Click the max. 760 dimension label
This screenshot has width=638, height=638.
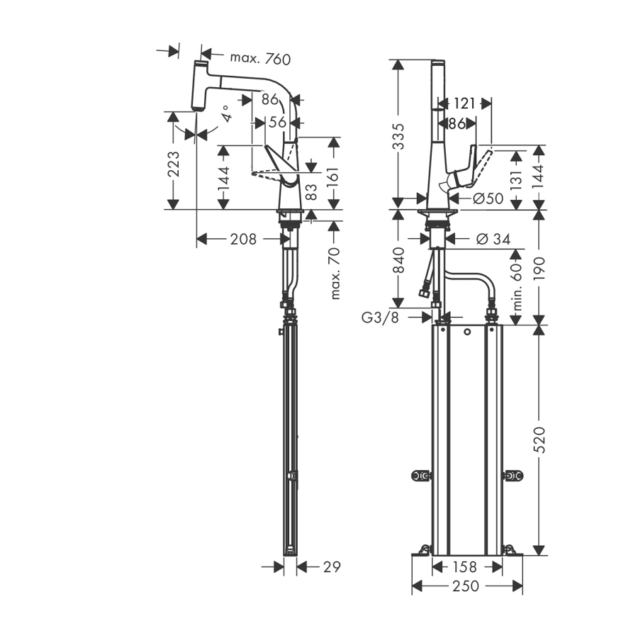point(250,58)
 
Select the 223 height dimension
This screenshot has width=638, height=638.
point(174,164)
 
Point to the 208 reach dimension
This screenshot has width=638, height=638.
point(243,239)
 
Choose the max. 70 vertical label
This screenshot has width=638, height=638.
point(335,272)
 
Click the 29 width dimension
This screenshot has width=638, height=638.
point(332,567)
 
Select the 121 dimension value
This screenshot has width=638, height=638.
point(464,103)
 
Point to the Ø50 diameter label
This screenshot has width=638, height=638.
point(487,199)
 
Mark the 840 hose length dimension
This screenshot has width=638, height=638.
point(398,260)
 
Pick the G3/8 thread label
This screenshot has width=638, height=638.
point(380,317)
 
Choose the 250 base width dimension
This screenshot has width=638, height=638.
point(466,586)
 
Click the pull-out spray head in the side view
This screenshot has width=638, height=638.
point(199,84)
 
